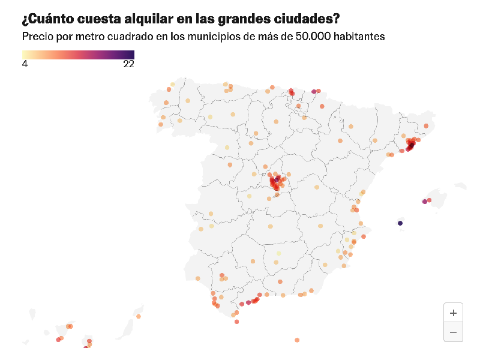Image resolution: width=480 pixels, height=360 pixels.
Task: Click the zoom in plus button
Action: [453, 313]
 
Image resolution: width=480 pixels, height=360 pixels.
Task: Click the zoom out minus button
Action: [453, 332]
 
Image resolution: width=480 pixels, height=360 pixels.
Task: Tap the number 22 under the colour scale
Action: [128, 65]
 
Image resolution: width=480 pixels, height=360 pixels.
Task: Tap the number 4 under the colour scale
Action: [25, 65]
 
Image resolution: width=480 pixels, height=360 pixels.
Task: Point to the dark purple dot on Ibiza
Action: [400, 223]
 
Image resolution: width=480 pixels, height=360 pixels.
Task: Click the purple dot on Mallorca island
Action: [425, 202]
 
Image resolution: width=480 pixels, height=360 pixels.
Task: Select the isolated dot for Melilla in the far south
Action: [297, 340]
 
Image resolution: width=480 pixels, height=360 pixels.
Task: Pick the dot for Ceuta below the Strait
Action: [236, 322]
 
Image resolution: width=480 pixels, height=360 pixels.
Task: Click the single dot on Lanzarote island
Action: [139, 316]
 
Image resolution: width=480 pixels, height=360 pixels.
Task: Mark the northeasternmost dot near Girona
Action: [426, 125]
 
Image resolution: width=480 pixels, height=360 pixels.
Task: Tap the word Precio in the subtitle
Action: [37, 37]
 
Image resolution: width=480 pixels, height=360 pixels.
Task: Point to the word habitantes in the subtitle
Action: [359, 37]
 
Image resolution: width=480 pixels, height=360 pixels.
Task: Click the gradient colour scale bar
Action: [78, 55]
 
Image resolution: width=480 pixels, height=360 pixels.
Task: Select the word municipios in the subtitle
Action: [214, 37]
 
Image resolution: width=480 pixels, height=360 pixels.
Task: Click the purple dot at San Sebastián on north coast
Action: [314, 92]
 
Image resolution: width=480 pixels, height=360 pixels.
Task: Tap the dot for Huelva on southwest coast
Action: [198, 278]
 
